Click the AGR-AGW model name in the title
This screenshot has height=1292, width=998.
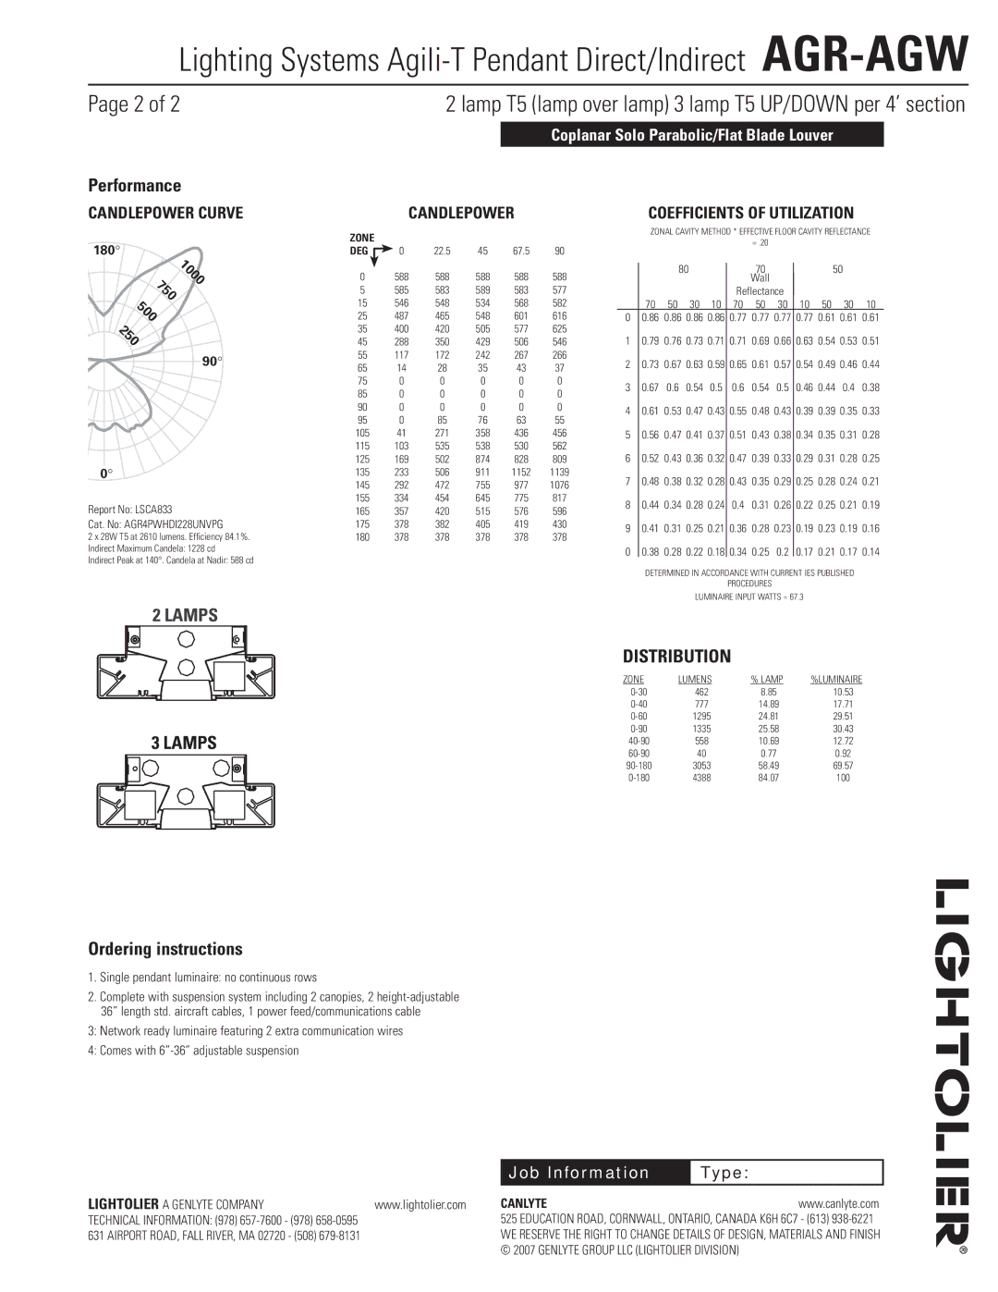click(x=865, y=55)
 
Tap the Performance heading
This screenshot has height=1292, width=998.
click(x=135, y=186)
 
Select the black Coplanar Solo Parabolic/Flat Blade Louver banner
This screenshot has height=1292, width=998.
click(x=692, y=135)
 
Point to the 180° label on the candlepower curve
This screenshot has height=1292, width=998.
click(x=106, y=250)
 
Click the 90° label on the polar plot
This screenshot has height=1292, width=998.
click(x=213, y=362)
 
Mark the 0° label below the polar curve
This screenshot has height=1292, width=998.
click(x=106, y=474)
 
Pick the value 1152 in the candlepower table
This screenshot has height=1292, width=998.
click(x=521, y=472)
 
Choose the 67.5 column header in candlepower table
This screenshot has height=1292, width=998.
click(x=521, y=251)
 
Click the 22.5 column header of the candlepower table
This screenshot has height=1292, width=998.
click(x=442, y=251)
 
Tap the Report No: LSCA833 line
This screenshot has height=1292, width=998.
click(x=130, y=510)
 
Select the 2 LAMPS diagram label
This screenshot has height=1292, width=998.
click(x=185, y=615)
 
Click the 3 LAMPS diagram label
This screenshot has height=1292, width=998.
click(x=185, y=743)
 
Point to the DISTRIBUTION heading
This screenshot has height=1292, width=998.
click(x=676, y=657)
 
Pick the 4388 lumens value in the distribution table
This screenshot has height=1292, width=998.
click(x=701, y=778)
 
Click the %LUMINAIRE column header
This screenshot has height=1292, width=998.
click(x=836, y=680)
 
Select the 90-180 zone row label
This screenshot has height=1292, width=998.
click(x=639, y=766)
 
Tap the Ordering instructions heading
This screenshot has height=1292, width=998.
click(x=165, y=949)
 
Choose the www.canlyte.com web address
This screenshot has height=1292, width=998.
click(x=838, y=1204)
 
